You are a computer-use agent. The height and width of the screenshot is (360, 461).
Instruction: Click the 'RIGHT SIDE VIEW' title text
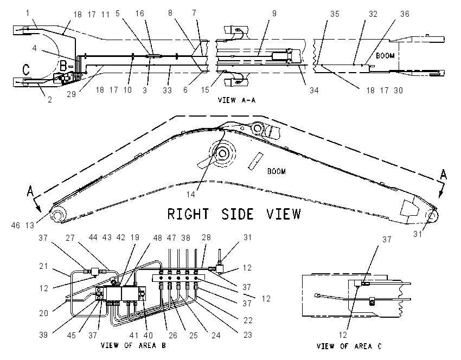point(234,214)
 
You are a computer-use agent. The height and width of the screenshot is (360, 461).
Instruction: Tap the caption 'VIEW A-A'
point(236,100)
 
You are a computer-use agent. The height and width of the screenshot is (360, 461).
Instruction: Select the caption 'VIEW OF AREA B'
point(133,345)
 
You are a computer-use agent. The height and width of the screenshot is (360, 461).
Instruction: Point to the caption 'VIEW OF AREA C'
point(349,346)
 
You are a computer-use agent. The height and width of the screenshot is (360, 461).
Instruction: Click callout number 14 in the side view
point(191,194)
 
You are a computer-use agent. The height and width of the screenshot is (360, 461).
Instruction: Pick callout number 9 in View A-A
point(274,13)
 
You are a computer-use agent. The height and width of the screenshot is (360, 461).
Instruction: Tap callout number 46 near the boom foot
point(16,225)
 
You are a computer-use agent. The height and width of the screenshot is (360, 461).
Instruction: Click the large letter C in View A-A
point(26,69)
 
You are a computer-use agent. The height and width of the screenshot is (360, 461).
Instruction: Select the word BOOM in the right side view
point(277,171)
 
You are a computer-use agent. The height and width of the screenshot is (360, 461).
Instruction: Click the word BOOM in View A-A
point(385,55)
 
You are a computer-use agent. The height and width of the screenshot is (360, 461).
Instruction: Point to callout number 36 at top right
point(405,14)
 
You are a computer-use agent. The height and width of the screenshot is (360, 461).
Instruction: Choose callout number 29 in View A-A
point(71,94)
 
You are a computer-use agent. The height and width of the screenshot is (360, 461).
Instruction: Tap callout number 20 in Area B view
point(43,313)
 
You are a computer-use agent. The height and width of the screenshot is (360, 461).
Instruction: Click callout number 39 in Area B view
point(43,335)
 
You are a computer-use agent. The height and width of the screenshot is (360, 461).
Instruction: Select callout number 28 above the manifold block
point(207,237)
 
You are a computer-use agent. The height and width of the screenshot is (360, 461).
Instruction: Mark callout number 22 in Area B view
point(248,320)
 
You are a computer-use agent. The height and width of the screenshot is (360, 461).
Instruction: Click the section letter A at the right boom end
point(443,175)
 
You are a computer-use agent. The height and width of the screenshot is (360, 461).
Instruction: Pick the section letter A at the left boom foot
point(30,191)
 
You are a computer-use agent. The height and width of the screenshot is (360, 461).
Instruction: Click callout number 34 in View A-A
point(314,90)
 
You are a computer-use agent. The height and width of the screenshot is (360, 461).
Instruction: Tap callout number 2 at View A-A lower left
point(50,100)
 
